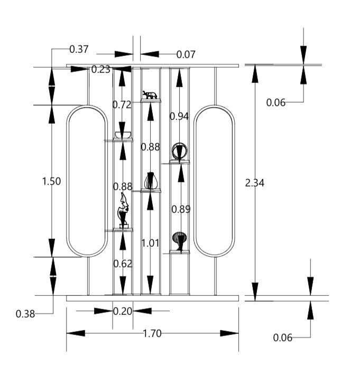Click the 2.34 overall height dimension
coord(254,183)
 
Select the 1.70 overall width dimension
coord(152,333)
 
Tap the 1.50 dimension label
coord(51,181)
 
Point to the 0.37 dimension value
coord(79,49)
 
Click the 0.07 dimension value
coord(186,54)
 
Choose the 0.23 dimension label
coord(101,69)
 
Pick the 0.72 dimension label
coord(122,105)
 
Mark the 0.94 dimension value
coord(179,116)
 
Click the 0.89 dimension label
coord(181,209)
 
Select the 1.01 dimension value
coord(150,243)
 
